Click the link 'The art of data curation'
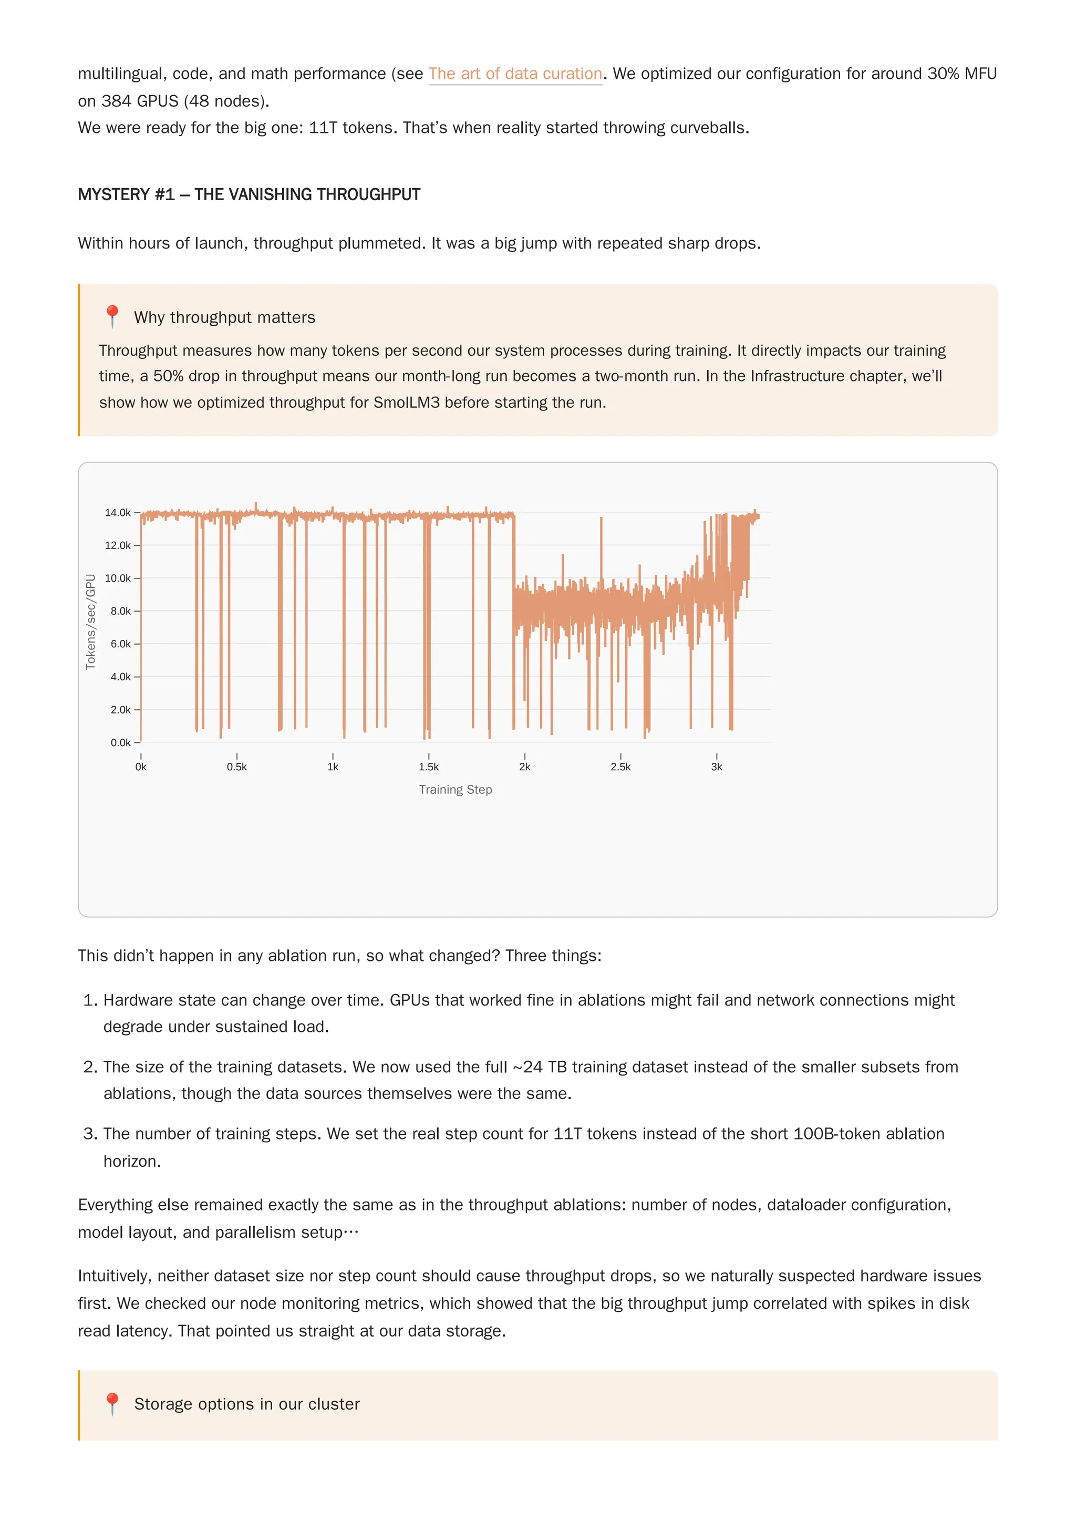[x=515, y=74]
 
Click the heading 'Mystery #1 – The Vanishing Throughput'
[x=249, y=194]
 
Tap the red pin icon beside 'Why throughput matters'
[x=112, y=316]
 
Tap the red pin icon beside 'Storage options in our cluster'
[x=112, y=1403]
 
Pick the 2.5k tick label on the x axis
[x=620, y=767]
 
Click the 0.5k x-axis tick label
[x=236, y=767]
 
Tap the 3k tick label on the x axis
[x=716, y=767]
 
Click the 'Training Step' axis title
[x=456, y=790]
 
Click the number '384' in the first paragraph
[x=116, y=101]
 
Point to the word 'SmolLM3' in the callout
[x=407, y=402]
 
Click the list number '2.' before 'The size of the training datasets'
[x=91, y=1067]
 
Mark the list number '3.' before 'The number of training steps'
[x=91, y=1134]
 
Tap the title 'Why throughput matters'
[x=224, y=317]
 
